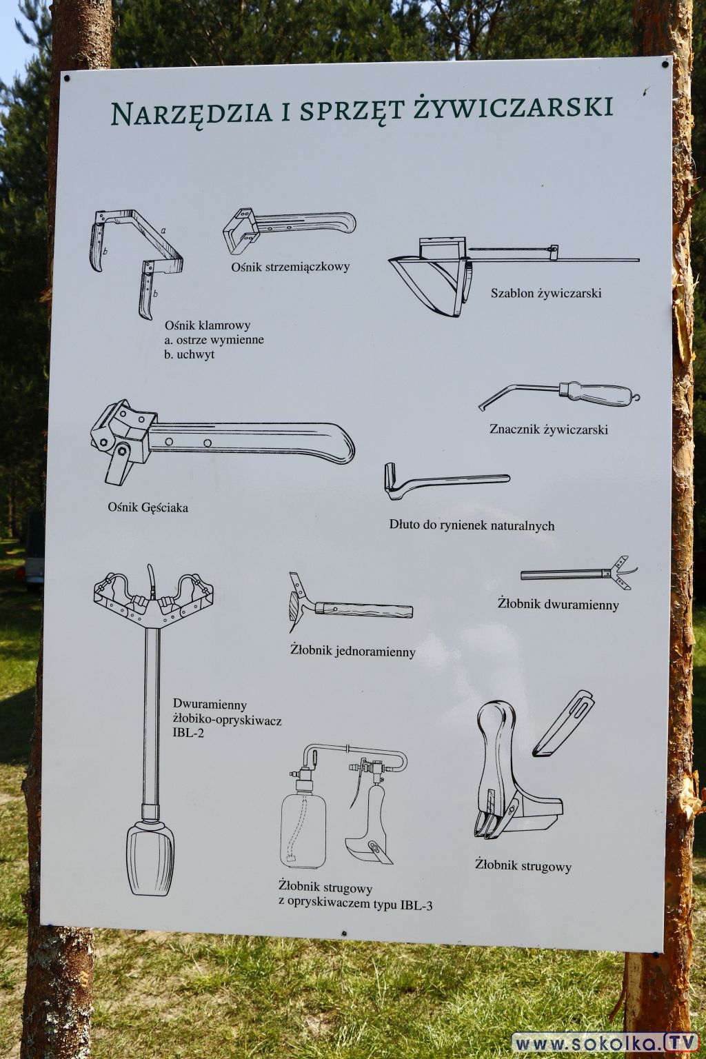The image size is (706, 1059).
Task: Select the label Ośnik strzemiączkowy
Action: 290,267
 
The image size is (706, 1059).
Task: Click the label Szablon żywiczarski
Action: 545,294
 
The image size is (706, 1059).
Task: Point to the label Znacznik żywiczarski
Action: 549,430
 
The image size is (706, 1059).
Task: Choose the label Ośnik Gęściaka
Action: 148,507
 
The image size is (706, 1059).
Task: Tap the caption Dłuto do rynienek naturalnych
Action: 472,525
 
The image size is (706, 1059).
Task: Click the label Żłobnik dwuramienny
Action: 558,604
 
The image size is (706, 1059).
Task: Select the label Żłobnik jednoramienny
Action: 353,652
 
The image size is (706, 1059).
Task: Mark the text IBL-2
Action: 188,735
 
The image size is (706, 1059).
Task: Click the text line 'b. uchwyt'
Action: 189,354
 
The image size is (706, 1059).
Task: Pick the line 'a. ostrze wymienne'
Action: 214,340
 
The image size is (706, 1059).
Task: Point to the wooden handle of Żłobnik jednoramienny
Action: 363,610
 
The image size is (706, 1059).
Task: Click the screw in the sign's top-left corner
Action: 67,78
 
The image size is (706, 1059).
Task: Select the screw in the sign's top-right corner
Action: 665,64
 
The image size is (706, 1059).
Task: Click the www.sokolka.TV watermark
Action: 605,1042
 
